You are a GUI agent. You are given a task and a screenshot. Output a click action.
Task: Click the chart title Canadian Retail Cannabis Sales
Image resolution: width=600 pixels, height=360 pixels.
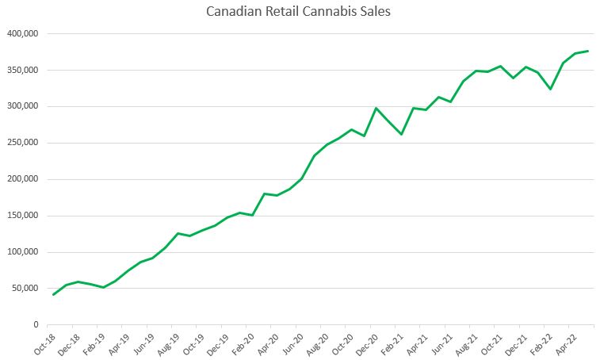[x=300, y=12]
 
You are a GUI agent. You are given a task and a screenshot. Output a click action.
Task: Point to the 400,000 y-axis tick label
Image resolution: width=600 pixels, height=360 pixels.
[x=23, y=34]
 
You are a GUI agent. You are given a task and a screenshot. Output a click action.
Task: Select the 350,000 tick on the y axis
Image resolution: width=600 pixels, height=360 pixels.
[x=23, y=71]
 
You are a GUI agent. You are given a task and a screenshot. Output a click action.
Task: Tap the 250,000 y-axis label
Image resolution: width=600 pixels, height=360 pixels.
[x=23, y=144]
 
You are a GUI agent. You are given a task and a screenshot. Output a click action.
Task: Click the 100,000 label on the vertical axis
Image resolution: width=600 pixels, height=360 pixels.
[x=23, y=252]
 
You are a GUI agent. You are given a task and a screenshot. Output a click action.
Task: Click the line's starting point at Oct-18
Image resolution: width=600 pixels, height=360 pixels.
[x=53, y=295]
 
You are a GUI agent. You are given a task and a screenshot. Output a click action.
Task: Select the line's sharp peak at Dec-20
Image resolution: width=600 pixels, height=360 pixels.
[x=376, y=108]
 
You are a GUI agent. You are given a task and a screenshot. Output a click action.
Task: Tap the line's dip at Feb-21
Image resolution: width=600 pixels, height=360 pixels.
[x=401, y=134]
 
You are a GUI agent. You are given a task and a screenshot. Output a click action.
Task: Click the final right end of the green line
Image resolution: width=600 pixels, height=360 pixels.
[x=587, y=51]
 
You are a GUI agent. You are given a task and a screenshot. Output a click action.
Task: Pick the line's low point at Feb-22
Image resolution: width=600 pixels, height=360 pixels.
[x=549, y=89]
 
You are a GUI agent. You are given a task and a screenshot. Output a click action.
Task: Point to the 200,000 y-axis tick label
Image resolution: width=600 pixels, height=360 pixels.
[x=23, y=179]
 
